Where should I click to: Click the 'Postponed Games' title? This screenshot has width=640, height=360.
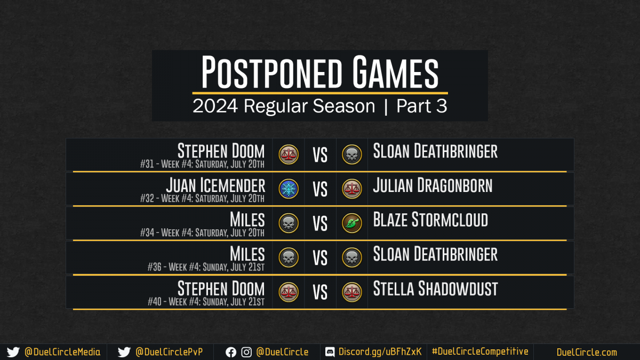point(319,72)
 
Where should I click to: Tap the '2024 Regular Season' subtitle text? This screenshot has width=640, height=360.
point(284,106)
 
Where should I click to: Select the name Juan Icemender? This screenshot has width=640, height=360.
point(215,185)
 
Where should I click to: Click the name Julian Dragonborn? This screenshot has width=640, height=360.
point(433,185)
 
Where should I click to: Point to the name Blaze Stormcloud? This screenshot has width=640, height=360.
point(430,219)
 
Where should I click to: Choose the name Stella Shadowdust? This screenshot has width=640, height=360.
point(435,289)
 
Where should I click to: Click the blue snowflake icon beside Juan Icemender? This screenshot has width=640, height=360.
point(289,189)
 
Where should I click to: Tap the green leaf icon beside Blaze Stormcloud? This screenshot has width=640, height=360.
point(352,223)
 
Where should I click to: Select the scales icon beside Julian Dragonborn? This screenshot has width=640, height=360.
point(352,189)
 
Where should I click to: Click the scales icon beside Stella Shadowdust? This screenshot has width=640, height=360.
point(352,292)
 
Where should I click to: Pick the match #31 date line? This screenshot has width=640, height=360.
point(202,164)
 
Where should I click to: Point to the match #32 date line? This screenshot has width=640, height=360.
point(202,198)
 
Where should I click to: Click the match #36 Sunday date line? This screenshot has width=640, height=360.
point(206,267)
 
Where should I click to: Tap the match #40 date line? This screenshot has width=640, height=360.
point(206,301)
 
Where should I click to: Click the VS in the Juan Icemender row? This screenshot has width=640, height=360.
point(320,189)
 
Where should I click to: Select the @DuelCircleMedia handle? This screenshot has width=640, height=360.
point(62,352)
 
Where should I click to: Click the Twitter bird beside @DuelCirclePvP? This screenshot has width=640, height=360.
point(124,352)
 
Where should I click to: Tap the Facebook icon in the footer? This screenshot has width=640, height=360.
point(231,353)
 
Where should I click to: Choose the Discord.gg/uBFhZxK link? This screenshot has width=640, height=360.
point(380,352)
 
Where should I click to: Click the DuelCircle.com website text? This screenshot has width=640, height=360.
point(587,353)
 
